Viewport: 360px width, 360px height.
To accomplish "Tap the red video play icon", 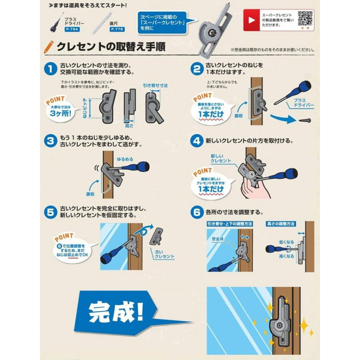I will click(251, 20).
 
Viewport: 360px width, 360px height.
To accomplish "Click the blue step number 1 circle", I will click(50, 68).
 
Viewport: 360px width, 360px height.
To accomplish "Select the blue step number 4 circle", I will click(196, 141).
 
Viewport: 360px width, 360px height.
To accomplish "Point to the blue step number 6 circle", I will click(196, 212).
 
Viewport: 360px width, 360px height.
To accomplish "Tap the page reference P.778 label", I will click(117, 29).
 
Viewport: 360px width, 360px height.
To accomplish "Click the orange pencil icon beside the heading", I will click(49, 47).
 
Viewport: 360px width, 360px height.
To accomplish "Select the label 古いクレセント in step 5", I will click(164, 254).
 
